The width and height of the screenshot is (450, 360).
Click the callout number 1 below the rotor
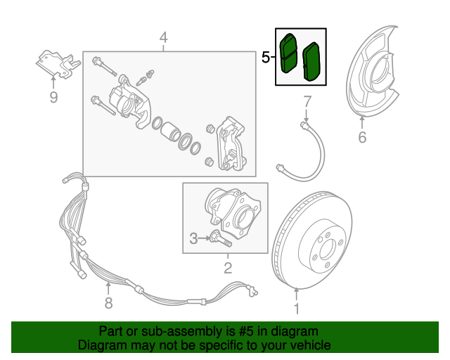click(296, 308)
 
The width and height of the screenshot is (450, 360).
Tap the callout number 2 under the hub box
click(227, 267)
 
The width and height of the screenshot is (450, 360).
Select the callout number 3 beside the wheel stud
click(193, 239)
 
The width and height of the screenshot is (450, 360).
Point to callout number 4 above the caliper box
click(163, 37)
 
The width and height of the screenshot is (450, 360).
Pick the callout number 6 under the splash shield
click(362, 137)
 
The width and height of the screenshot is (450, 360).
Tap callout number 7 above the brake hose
click(307, 102)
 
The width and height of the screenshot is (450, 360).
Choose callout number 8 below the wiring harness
click(108, 303)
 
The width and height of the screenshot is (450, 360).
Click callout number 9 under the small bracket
click(53, 97)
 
